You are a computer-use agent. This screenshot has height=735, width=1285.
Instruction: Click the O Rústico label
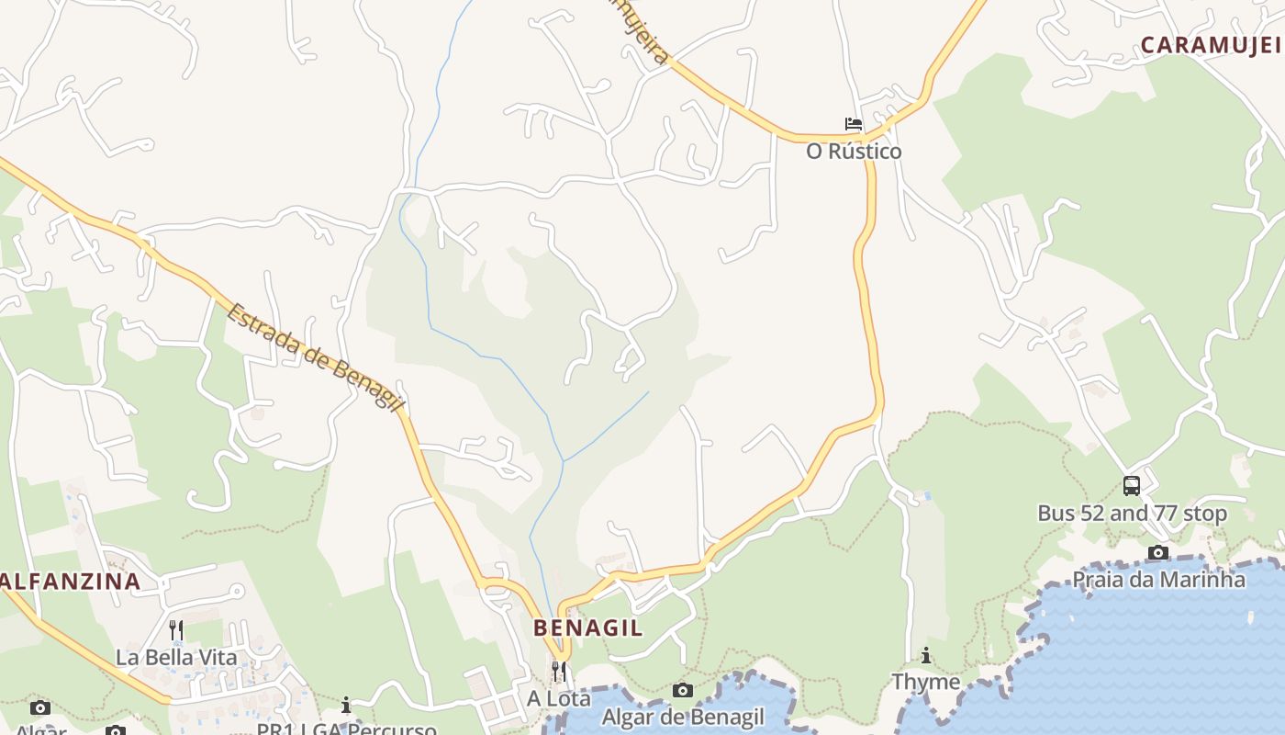pyautogui.click(x=854, y=152)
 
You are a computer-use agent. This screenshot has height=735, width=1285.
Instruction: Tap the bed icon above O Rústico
pyautogui.click(x=854, y=124)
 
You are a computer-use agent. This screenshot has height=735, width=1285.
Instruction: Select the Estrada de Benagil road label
pyautogui.click(x=315, y=358)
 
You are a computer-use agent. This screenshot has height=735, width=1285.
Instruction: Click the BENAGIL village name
pyautogui.click(x=588, y=628)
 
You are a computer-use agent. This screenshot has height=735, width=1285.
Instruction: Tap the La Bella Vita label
pyautogui.click(x=176, y=658)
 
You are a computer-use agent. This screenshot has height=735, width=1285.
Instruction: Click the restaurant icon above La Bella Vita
pyautogui.click(x=176, y=630)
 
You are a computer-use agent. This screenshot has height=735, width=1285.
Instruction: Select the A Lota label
pyautogui.click(x=558, y=698)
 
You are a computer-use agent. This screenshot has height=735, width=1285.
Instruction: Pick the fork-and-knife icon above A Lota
pyautogui.click(x=558, y=671)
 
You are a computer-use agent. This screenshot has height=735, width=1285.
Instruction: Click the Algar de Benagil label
pyautogui.click(x=682, y=718)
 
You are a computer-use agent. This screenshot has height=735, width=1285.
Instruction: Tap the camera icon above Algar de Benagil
pyautogui.click(x=682, y=690)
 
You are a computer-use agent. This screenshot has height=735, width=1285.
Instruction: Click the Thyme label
pyautogui.click(x=926, y=682)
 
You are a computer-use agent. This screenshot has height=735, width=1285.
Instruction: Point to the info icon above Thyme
pyautogui.click(x=926, y=655)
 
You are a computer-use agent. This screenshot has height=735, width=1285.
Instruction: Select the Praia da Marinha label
pyautogui.click(x=1158, y=580)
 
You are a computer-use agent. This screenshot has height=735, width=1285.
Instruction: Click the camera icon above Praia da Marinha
pyautogui.click(x=1158, y=552)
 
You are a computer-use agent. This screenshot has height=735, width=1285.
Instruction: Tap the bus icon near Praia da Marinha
pyautogui.click(x=1132, y=486)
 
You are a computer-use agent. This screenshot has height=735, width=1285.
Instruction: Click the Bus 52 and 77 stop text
pyautogui.click(x=1132, y=514)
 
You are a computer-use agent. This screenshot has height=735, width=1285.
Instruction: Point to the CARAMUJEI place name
pyautogui.click(x=1211, y=45)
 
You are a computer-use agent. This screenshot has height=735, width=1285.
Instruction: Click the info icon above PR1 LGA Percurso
pyautogui.click(x=346, y=705)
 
